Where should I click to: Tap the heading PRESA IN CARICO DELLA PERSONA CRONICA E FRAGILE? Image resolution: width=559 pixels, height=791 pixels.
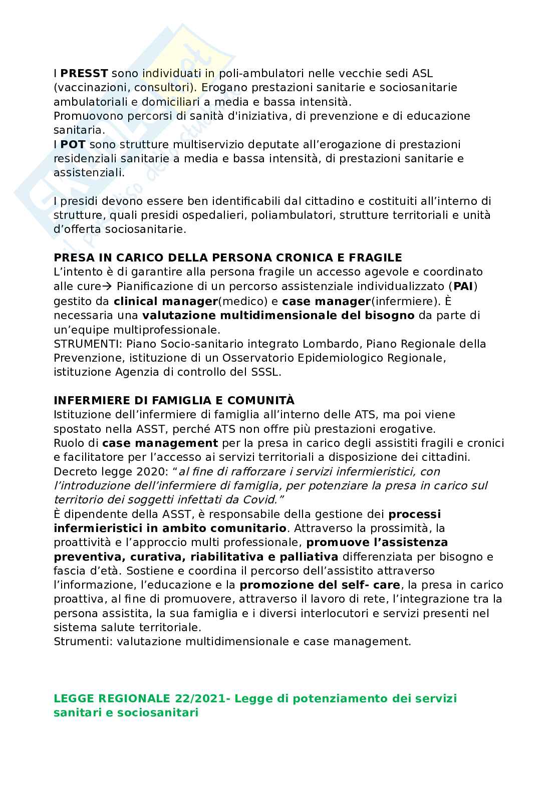(227, 257)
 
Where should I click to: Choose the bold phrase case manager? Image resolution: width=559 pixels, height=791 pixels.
(326, 301)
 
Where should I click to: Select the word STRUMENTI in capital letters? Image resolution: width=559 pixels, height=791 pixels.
(87, 344)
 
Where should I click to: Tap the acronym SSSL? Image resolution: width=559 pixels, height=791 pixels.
(268, 372)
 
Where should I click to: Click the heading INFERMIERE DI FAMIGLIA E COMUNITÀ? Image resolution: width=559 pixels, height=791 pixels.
(174, 401)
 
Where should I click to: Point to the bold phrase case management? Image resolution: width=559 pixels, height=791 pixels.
(160, 443)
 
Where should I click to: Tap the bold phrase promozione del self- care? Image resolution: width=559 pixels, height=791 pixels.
(320, 585)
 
